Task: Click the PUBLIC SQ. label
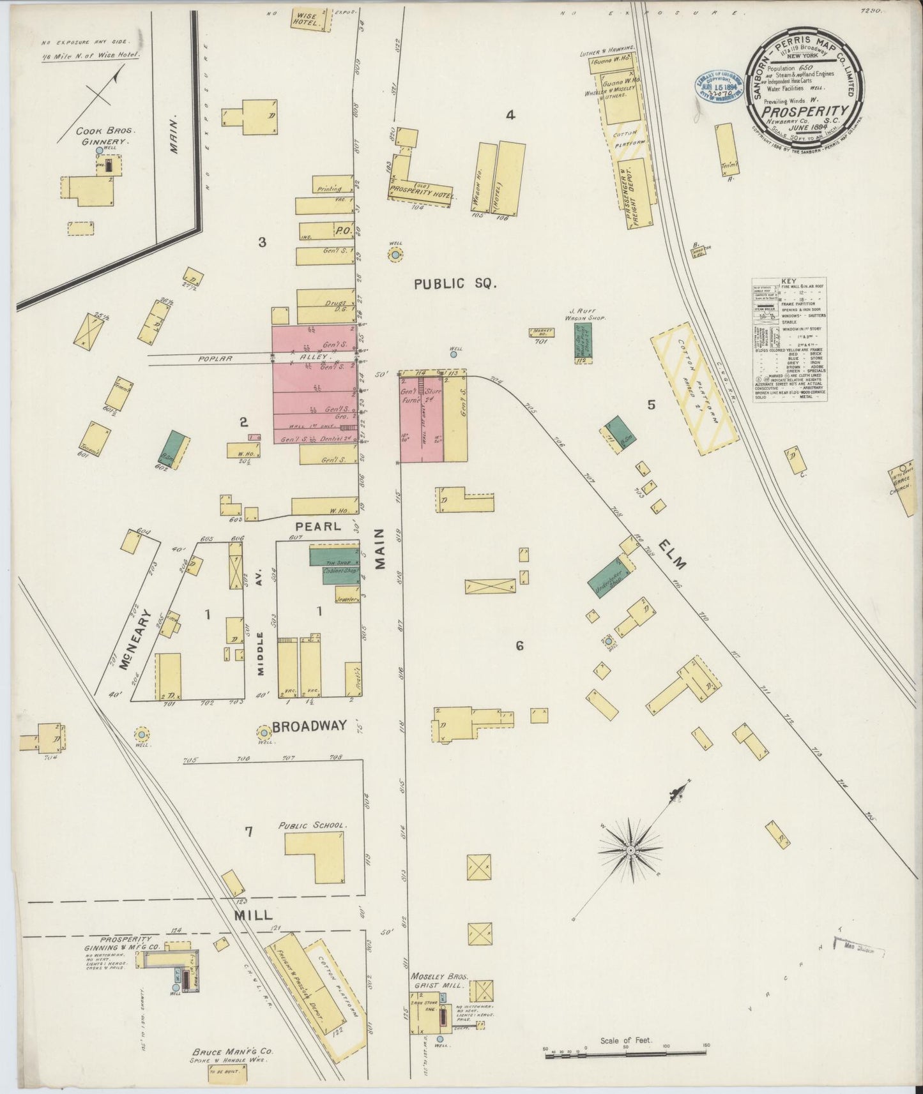455,284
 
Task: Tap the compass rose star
630,850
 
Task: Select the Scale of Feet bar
627,1056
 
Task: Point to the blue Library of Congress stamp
719,87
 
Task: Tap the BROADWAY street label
309,726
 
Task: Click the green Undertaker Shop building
608,579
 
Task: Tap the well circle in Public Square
395,255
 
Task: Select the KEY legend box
790,340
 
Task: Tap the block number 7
249,831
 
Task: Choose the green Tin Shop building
334,555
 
